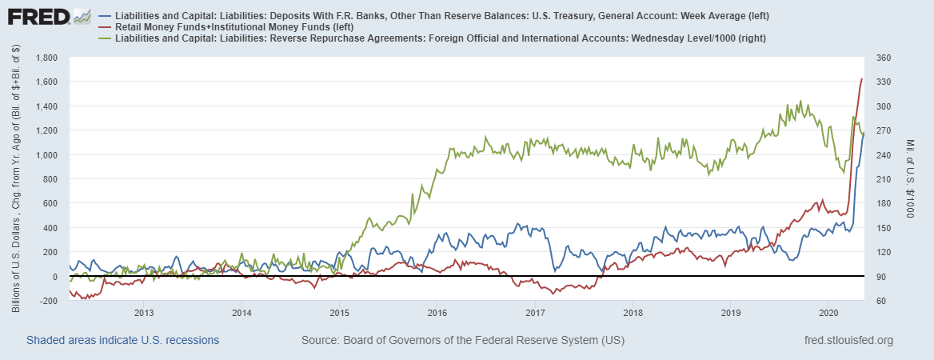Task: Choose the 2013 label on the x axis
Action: pyautogui.click(x=143, y=312)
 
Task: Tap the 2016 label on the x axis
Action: pyautogui.click(x=437, y=312)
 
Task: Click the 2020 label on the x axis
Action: pyautogui.click(x=828, y=312)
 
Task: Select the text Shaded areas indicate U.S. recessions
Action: pyautogui.click(x=123, y=341)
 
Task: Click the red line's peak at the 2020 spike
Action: pyautogui.click(x=861, y=79)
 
